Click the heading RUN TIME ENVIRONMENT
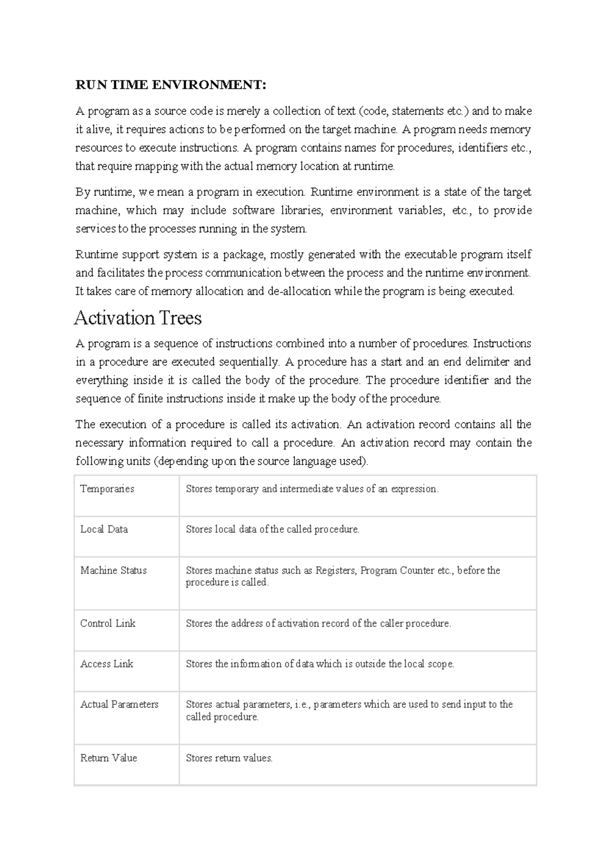(170, 85)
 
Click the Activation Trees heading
(138, 318)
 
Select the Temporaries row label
(107, 489)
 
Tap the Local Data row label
(104, 529)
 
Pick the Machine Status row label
(113, 570)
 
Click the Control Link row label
(107, 624)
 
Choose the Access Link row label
(106, 664)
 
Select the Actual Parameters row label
(119, 704)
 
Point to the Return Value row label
(108, 758)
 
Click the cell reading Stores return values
(229, 759)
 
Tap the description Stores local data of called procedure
(272, 529)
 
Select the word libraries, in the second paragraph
(302, 210)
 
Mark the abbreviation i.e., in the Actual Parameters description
(302, 704)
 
